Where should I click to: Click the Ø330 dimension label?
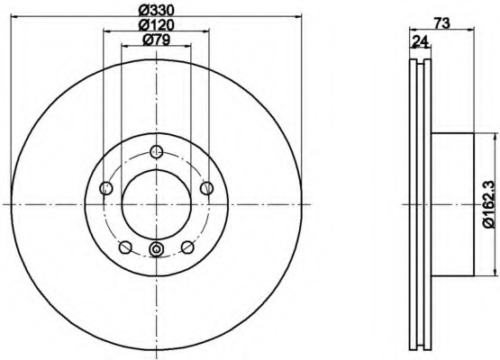click(x=157, y=11)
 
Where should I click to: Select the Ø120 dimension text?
click(x=157, y=25)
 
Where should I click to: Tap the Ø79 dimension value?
click(x=157, y=40)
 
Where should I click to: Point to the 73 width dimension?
click(x=441, y=22)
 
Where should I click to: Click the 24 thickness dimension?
click(x=421, y=41)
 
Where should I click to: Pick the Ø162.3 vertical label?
click(x=489, y=204)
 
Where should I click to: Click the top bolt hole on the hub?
click(x=156, y=151)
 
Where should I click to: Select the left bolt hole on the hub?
click(x=106, y=188)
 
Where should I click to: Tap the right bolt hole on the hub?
click(x=206, y=188)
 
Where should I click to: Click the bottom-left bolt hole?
click(x=125, y=247)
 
